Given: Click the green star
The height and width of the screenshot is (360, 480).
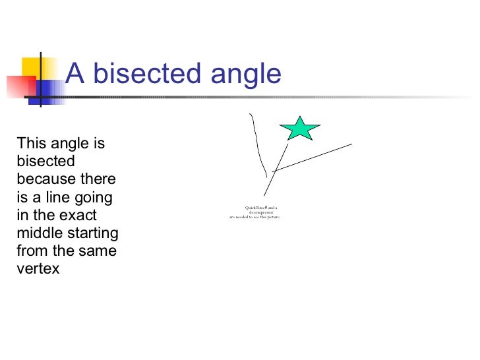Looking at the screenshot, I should pyautogui.click(x=300, y=129).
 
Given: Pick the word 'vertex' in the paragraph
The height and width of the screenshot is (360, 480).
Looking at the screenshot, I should pyautogui.click(x=38, y=268).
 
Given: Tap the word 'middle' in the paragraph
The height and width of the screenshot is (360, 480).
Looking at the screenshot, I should pyautogui.click(x=40, y=233).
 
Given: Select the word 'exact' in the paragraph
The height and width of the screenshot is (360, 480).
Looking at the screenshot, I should pyautogui.click(x=78, y=215).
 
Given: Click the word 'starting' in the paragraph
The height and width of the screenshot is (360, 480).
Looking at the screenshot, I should pyautogui.click(x=94, y=233).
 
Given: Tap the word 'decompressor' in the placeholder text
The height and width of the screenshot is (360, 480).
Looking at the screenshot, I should pyautogui.click(x=261, y=212).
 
